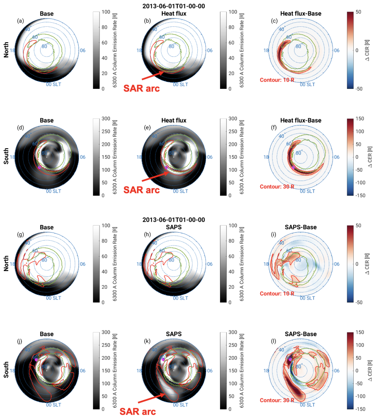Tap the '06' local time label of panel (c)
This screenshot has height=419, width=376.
tap(336, 50)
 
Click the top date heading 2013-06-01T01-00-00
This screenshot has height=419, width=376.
tap(173, 7)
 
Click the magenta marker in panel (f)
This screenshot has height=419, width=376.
tap(293, 167)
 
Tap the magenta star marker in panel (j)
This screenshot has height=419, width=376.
tap(36, 359)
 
